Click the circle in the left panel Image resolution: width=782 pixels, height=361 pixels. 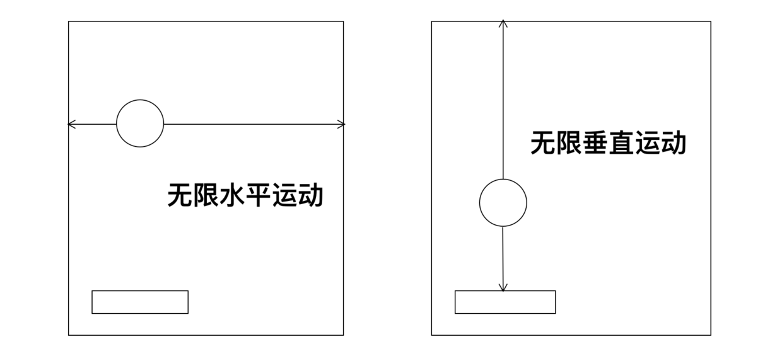click(x=140, y=123)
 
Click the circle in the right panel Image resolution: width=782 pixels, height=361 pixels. click(x=503, y=202)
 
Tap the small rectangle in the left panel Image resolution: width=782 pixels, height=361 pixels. click(x=140, y=302)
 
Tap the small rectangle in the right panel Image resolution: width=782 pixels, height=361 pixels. click(x=505, y=302)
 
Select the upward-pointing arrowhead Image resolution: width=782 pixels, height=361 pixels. click(x=503, y=24)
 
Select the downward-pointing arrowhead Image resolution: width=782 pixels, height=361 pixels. click(x=503, y=287)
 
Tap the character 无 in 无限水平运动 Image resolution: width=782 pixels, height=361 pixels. click(x=180, y=195)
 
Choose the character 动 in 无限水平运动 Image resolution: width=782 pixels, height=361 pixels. click(x=310, y=195)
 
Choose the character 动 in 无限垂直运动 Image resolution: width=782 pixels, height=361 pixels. click(x=673, y=143)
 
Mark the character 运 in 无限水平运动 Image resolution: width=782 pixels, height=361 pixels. click(x=284, y=195)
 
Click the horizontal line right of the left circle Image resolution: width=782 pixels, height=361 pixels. click(x=252, y=124)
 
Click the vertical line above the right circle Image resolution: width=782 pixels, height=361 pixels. click(x=503, y=101)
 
